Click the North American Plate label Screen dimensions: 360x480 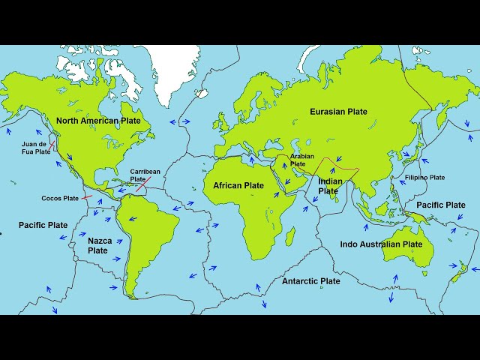99,121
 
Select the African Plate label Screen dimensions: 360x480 238,185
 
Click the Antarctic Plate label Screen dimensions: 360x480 310,281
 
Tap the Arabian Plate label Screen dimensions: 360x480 298,160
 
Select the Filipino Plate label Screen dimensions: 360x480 425,178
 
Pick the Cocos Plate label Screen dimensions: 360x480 60,199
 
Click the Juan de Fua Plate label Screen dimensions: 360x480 36,148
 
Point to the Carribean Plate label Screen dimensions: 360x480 145,175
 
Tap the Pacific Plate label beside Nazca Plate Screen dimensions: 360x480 43,225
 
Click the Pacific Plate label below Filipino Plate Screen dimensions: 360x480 440,205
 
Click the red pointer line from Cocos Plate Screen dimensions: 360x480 87,197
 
